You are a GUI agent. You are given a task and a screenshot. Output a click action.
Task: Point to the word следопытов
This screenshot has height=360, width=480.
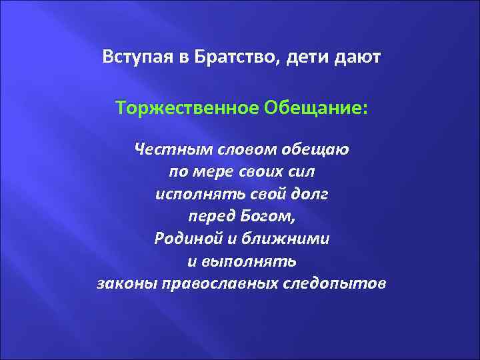click(x=338, y=284)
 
